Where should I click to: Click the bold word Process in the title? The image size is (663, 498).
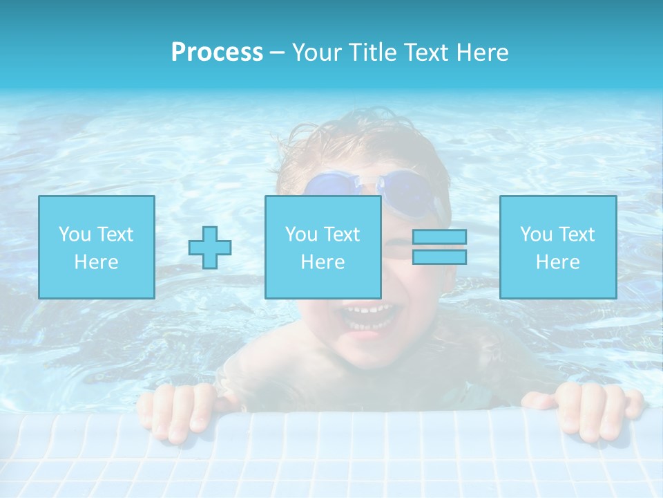click(217, 53)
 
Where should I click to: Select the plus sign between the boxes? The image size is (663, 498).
click(210, 247)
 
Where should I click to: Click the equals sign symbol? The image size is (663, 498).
click(439, 247)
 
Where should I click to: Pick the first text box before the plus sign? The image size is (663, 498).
click(97, 247)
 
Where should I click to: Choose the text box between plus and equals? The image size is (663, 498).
click(323, 247)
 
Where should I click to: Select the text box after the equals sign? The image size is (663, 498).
click(558, 247)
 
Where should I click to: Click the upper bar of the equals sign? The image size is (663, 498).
click(439, 237)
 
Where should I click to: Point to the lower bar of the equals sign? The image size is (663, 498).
click(439, 257)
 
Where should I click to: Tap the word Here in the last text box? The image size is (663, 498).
click(558, 262)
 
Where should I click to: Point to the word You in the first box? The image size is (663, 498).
click(75, 234)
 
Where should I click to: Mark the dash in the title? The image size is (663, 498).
click(277, 53)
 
